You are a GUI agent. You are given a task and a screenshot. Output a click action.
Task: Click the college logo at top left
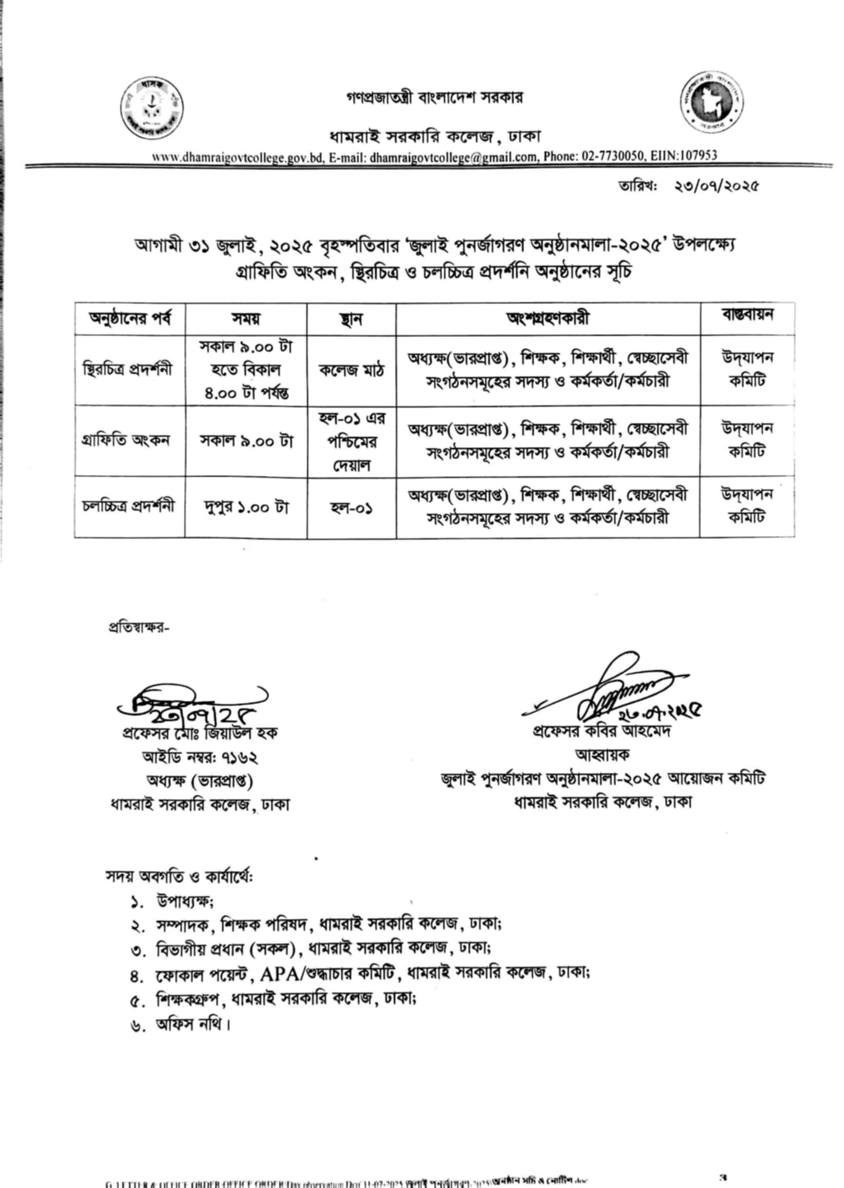pos(153,108)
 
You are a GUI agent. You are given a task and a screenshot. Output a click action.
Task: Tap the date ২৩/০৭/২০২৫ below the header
pos(716,186)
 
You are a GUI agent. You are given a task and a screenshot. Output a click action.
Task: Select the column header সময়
pos(246,318)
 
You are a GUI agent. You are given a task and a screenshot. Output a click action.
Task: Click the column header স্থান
pos(351,318)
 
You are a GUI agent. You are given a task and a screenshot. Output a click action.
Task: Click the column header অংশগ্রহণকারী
pos(547,318)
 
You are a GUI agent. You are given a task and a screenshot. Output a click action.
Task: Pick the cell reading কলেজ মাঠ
pos(351,370)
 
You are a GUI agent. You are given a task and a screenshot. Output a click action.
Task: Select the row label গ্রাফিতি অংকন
pos(126,440)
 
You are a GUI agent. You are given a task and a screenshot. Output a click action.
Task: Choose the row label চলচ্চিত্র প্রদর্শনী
pos(128,506)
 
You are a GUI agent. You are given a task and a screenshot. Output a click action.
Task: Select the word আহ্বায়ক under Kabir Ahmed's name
pos(602,755)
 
